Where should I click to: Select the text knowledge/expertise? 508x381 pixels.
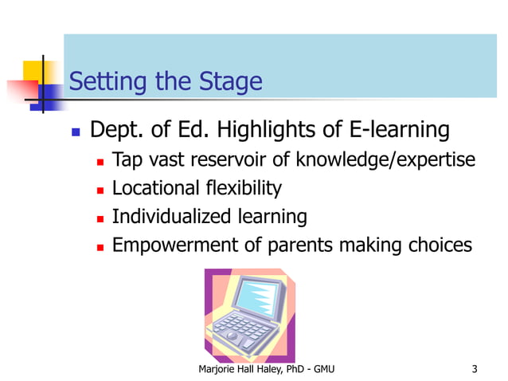coord(385,161)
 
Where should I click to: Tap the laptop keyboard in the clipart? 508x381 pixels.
coord(242,332)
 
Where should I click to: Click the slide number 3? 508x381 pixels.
coord(475,368)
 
